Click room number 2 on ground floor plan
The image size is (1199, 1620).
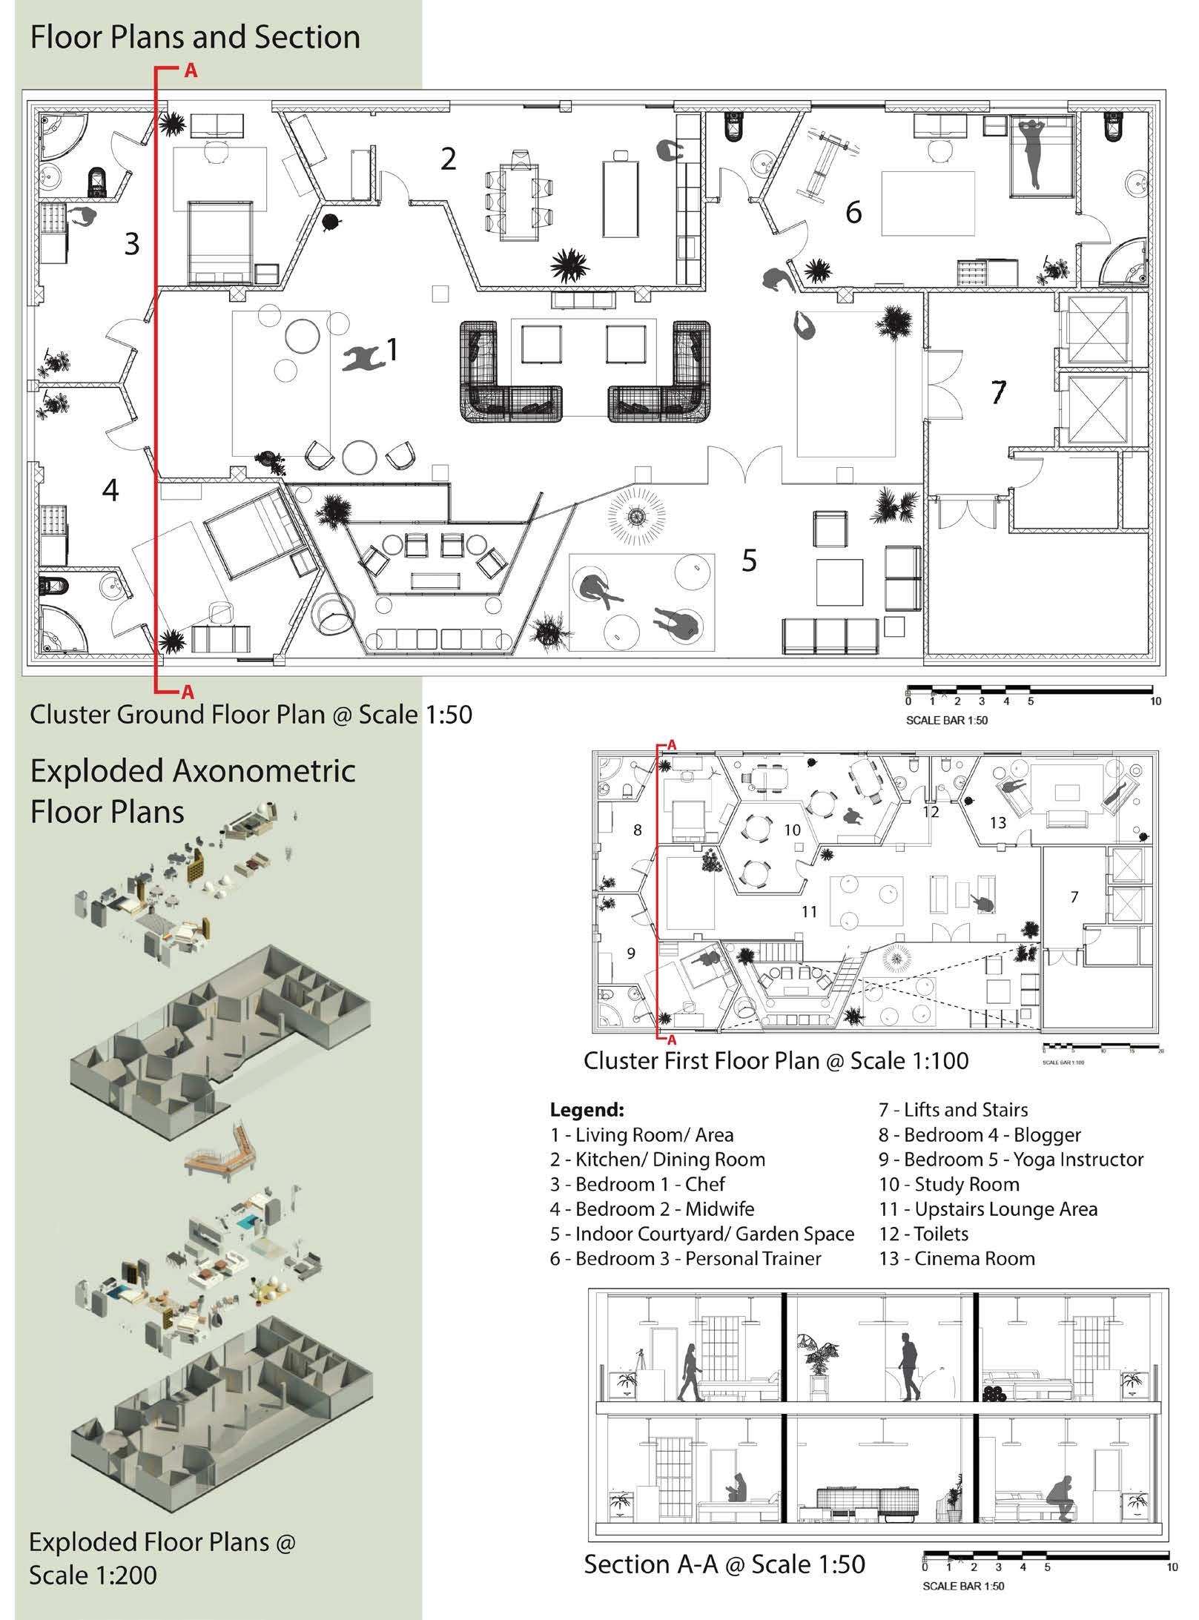(x=448, y=159)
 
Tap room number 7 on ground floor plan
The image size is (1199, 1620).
(x=998, y=391)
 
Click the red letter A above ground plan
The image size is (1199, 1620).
(x=191, y=72)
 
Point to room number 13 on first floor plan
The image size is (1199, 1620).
(x=997, y=822)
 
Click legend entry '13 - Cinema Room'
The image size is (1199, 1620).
(x=957, y=1258)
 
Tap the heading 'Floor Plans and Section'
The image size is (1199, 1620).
(x=195, y=37)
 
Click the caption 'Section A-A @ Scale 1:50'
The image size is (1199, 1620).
(x=724, y=1564)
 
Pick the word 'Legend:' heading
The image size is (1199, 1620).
(x=587, y=1110)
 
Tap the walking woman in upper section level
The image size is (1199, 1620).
(x=690, y=1372)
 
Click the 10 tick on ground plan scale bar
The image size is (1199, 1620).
(x=1155, y=701)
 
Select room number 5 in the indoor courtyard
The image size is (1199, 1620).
(x=749, y=561)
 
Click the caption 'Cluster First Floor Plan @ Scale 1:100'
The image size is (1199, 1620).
(x=776, y=1060)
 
